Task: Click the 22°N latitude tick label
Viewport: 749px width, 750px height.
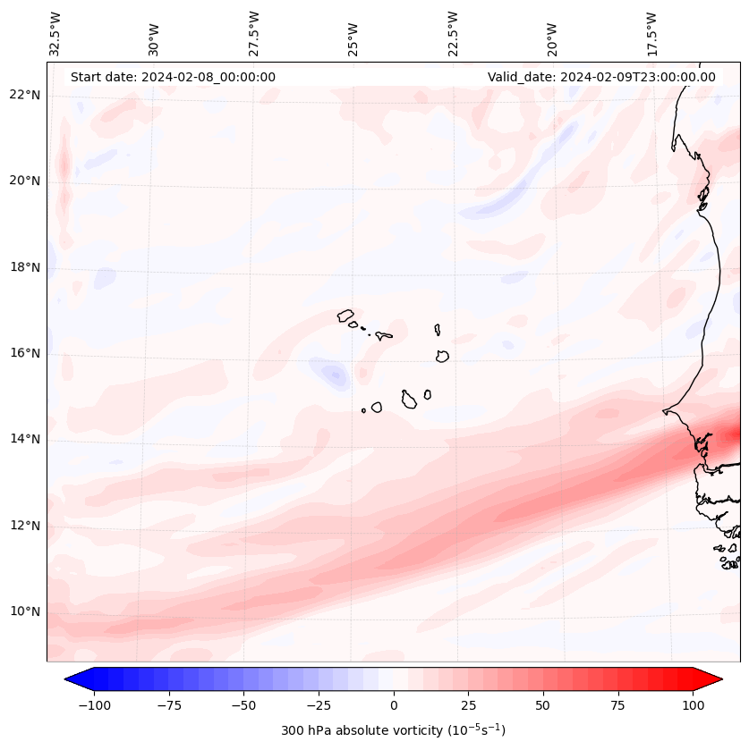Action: point(26,96)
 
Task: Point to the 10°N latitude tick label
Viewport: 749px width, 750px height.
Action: point(26,612)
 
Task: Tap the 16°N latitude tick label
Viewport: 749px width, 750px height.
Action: point(26,354)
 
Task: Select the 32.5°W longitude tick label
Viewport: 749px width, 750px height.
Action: point(56,34)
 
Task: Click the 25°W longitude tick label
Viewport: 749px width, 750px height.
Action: point(353,34)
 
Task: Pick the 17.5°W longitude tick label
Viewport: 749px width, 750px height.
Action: point(652,34)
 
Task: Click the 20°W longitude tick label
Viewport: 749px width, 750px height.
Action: point(552,34)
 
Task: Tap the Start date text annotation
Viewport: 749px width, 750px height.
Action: point(173,77)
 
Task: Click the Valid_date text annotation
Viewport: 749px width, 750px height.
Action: point(601,77)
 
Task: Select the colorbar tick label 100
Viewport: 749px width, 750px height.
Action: point(693,705)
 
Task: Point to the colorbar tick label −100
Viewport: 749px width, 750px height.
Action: point(94,705)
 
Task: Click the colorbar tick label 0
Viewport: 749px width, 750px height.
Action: point(394,705)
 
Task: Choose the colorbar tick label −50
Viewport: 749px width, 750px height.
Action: point(243,705)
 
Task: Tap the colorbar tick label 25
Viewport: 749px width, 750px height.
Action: point(468,705)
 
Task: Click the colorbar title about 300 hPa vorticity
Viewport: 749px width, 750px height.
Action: point(393,730)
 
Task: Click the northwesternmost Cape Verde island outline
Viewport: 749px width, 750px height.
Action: point(345,316)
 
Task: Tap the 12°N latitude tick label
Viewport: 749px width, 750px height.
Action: point(26,527)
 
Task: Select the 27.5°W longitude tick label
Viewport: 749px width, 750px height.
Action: point(254,34)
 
